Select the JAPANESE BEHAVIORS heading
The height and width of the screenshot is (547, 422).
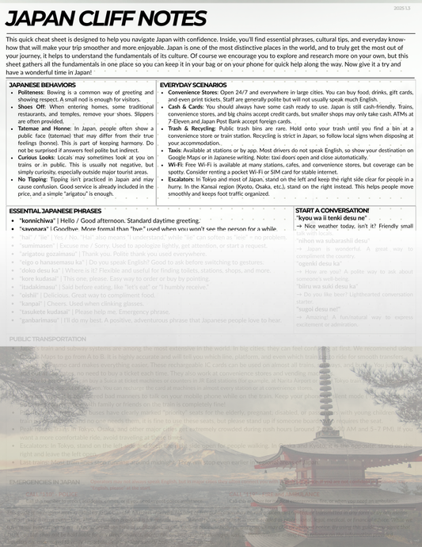click(42, 84)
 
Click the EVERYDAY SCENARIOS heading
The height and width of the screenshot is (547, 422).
click(193, 84)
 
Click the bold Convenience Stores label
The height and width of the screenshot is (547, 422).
click(197, 93)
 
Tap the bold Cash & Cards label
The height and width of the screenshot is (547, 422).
click(186, 105)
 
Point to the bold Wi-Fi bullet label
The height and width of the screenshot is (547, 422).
click(175, 163)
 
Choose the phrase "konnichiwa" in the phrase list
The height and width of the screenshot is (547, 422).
click(41, 220)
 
